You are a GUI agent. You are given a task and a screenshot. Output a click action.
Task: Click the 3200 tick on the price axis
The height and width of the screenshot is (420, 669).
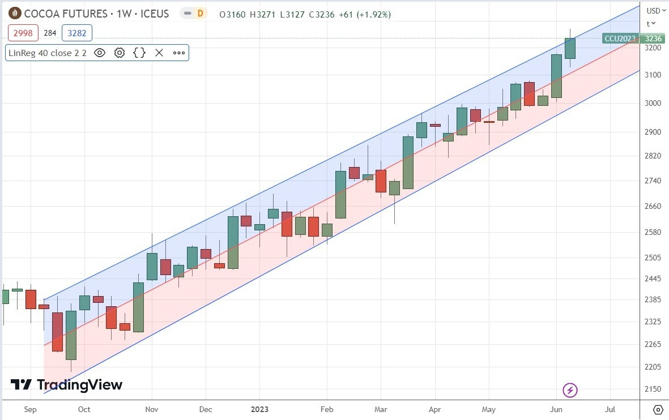(653, 49)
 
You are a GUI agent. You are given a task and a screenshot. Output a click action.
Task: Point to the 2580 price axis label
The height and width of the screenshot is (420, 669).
(653, 232)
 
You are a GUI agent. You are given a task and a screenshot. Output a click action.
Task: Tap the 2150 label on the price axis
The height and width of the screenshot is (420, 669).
(653, 389)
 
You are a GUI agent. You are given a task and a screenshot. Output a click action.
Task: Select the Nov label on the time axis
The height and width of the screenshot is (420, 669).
(151, 409)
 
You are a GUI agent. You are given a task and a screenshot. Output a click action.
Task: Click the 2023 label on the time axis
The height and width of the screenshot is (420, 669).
(259, 409)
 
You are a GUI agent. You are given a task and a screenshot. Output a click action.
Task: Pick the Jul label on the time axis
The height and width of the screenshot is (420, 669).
(610, 409)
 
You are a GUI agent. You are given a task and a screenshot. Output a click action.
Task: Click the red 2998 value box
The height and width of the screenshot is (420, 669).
(23, 33)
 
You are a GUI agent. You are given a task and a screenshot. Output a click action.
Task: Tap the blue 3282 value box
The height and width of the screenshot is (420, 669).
(77, 33)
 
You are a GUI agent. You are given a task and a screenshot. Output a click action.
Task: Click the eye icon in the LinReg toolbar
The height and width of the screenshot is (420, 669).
(100, 53)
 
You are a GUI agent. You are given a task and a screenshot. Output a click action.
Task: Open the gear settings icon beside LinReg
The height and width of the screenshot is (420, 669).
(120, 53)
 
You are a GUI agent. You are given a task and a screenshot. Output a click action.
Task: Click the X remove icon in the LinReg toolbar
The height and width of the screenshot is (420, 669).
(159, 53)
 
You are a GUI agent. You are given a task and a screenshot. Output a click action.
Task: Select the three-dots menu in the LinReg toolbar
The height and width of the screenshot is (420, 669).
(179, 53)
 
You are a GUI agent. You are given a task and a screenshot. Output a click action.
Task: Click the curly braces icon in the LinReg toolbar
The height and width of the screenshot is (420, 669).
(139, 53)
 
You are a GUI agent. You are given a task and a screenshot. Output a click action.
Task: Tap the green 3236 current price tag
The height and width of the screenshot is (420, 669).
(653, 38)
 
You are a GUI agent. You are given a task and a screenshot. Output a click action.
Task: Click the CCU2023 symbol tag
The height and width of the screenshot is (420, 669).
(620, 38)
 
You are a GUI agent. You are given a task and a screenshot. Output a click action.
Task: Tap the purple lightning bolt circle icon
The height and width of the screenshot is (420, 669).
(570, 390)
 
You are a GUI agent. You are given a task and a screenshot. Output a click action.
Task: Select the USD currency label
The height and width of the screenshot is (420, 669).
(653, 10)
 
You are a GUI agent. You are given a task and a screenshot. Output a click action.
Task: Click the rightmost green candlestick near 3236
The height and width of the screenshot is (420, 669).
(570, 48)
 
